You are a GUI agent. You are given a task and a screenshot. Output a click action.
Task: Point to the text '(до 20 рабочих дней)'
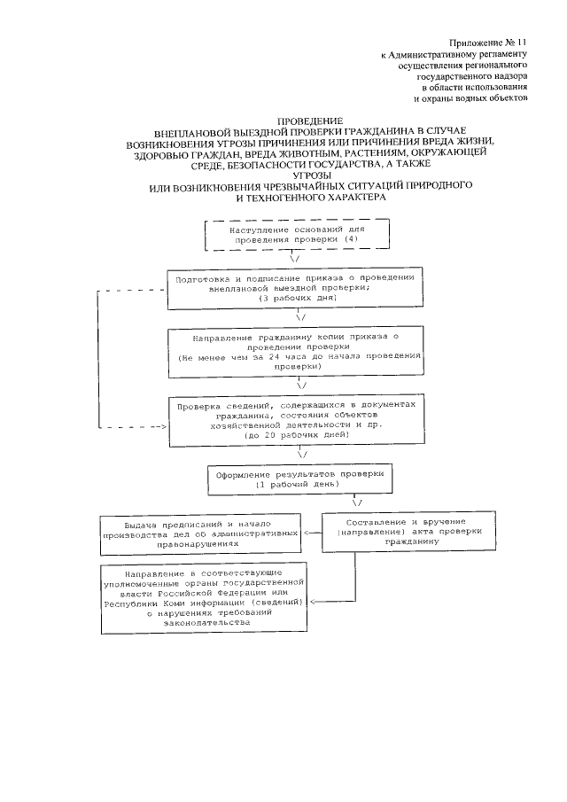coord(302,437)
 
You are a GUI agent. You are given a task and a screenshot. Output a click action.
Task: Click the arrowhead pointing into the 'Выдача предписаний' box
coord(307,533)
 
